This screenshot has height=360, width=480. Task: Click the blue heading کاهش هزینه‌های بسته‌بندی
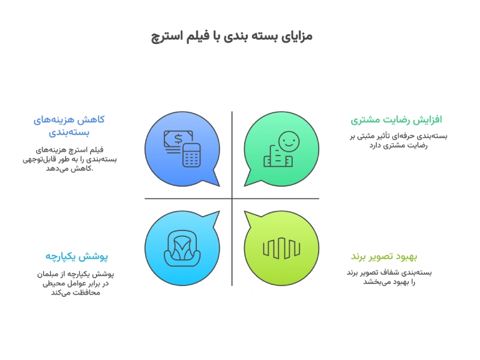(69, 125)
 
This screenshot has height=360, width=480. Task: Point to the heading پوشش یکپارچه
(76, 256)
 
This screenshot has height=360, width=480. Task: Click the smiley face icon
(288, 142)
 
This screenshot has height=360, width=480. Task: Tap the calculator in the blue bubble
(192, 155)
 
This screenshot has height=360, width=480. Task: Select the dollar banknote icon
(178, 142)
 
